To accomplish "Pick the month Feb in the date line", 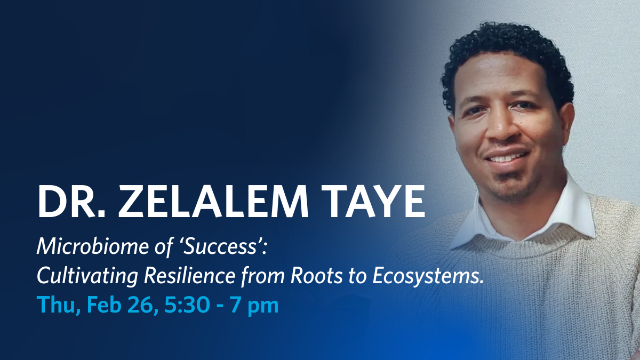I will [103, 306].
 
